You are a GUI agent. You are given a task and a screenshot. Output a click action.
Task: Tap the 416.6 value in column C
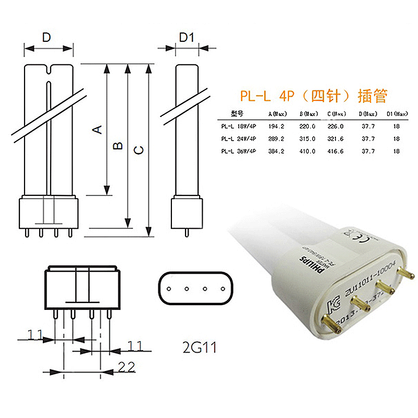(335, 151)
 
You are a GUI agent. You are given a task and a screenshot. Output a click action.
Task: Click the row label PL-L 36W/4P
(238, 151)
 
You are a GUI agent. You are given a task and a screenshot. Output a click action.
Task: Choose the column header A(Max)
(277, 113)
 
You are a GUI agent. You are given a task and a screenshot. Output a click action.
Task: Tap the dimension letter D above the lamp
(47, 37)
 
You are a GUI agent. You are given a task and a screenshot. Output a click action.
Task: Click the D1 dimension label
(187, 37)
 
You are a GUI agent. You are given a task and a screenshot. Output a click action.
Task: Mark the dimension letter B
(119, 145)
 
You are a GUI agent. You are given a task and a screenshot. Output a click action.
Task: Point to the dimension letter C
(138, 150)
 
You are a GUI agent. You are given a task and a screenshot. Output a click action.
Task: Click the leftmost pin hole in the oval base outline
(169, 288)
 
